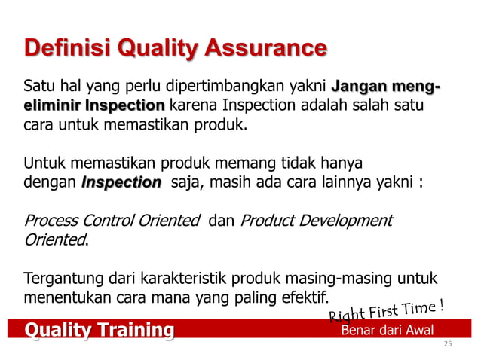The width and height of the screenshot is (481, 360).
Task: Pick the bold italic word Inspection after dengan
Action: [x=121, y=182]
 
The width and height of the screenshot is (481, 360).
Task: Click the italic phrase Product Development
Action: [x=316, y=221]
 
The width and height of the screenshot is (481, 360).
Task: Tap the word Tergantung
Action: [x=61, y=279]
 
